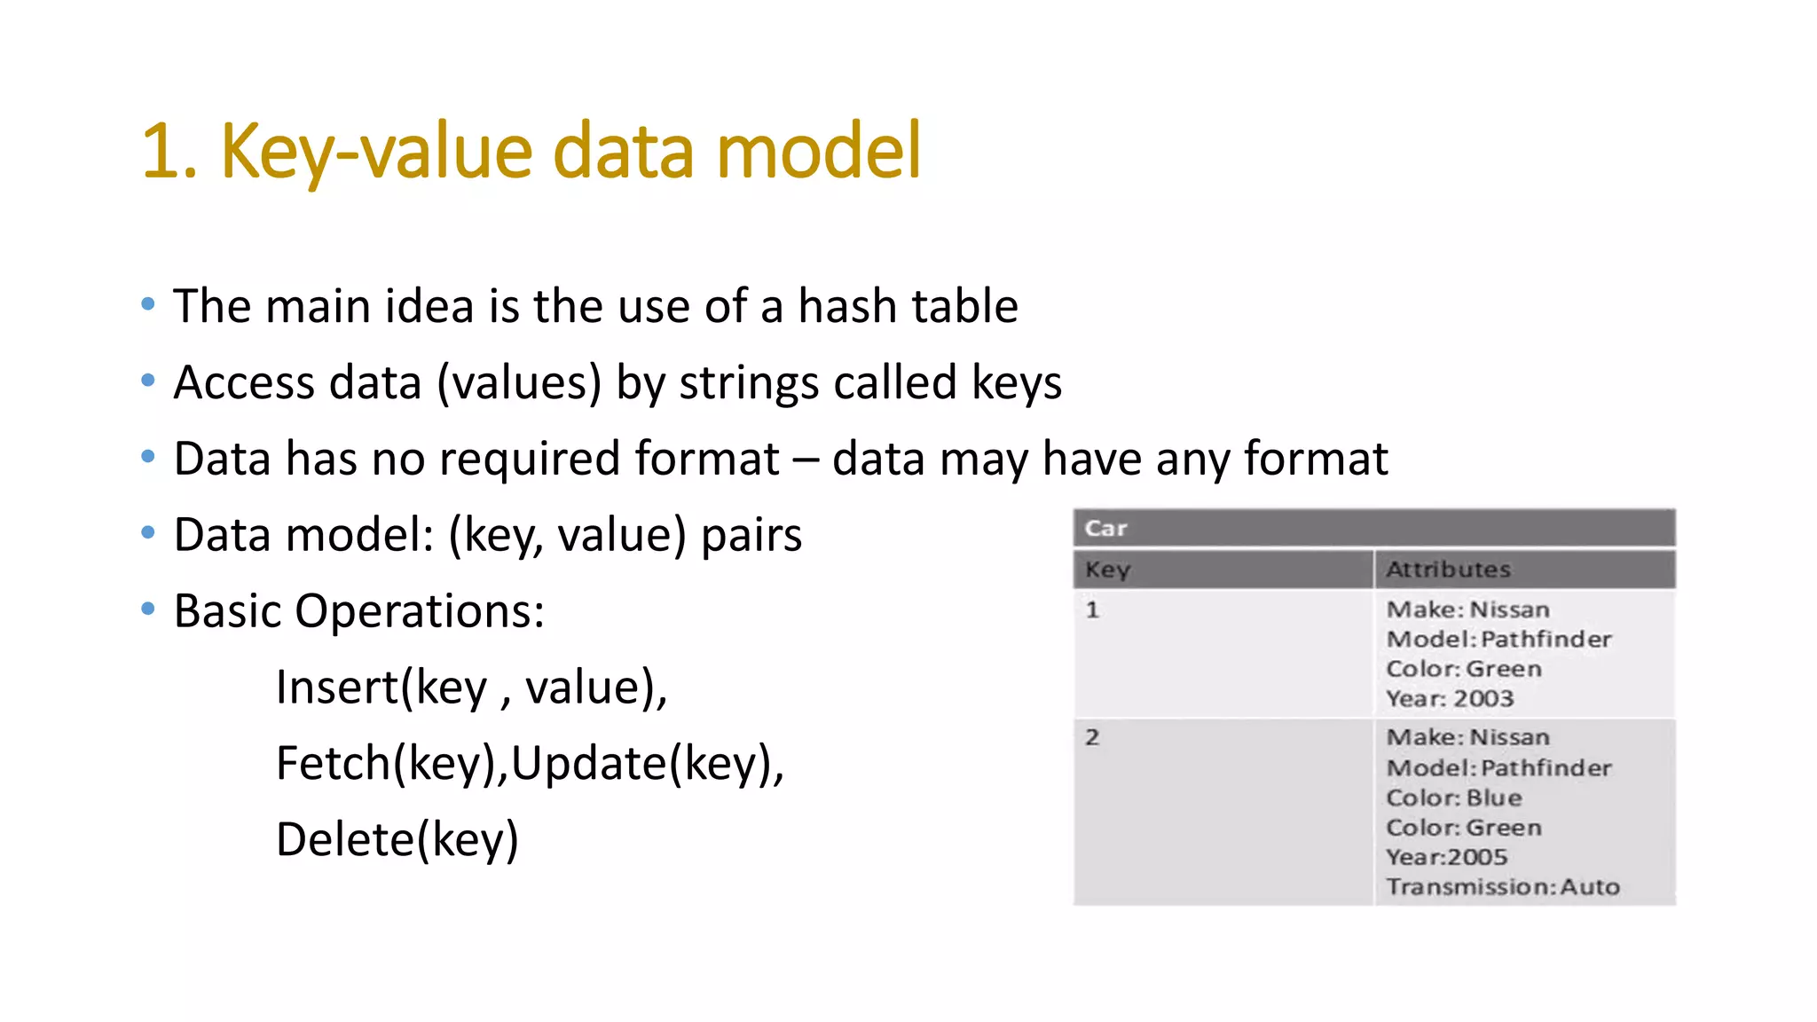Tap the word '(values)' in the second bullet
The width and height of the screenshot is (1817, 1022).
pos(519,383)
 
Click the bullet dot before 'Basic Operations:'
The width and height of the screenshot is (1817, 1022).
pos(148,609)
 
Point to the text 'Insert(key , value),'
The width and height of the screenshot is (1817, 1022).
pos(471,688)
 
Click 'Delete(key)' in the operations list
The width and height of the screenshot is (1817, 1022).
pos(397,839)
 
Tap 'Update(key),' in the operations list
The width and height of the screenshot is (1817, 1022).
pos(648,764)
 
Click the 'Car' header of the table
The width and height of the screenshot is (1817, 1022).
pos(1105,528)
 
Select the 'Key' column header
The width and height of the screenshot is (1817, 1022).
pos(1107,570)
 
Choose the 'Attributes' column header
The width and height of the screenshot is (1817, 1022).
pos(1448,570)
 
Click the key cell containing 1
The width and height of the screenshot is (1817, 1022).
pos(1092,610)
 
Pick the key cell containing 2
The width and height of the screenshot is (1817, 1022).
pos(1092,737)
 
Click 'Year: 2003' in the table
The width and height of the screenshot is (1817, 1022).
pos(1450,699)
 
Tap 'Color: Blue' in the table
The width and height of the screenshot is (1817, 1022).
pos(1453,798)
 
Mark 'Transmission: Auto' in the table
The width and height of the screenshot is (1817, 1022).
pos(1502,887)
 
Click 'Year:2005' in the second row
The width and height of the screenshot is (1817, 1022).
pos(1446,857)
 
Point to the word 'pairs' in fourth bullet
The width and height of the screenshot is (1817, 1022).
pos(751,536)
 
